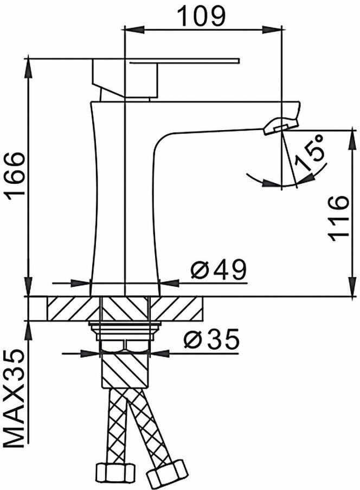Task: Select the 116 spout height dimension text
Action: tap(338, 218)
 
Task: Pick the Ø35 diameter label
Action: tap(212, 339)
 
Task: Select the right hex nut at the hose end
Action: tap(166, 473)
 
